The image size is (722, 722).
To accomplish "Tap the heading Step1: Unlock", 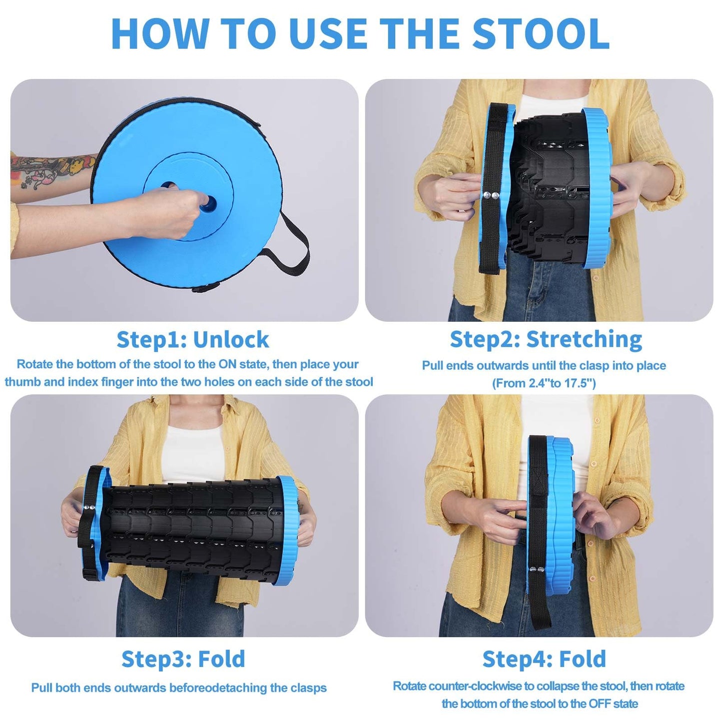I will [192, 340].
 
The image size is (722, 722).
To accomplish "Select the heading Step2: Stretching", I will [546, 339].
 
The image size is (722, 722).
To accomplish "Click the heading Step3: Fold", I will [183, 659].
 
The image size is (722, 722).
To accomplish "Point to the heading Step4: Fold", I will [544, 659].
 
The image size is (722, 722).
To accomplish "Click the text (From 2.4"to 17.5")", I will [544, 383].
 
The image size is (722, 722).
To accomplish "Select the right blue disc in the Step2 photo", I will [597, 200].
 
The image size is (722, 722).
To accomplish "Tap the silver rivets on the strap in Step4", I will [536, 569].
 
